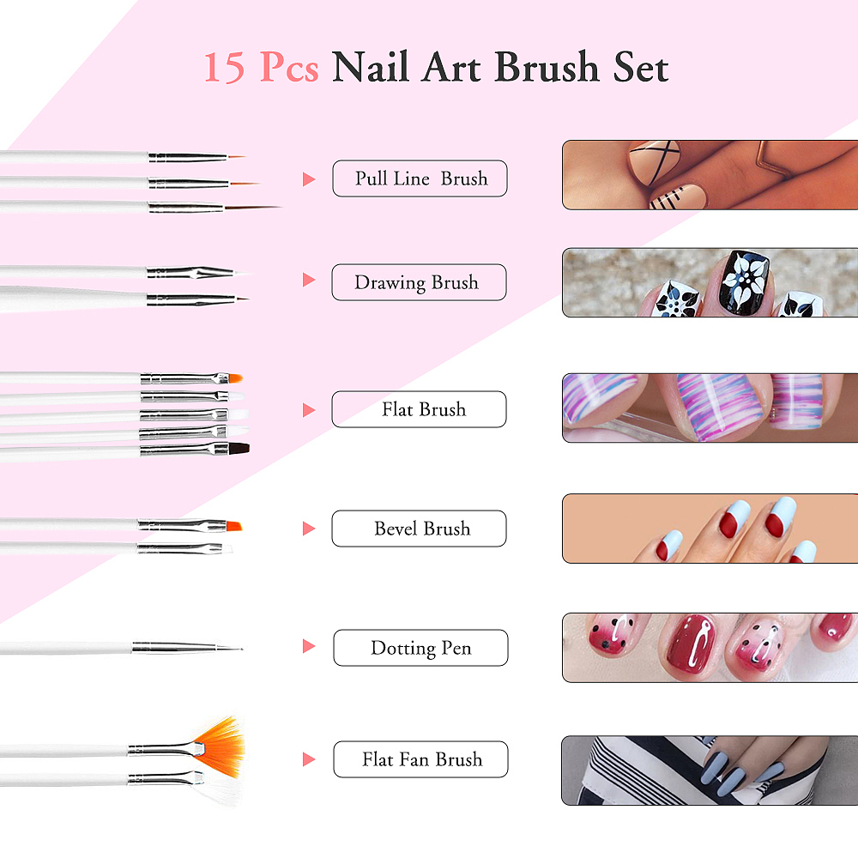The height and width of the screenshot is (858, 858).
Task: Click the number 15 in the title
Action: pos(224,68)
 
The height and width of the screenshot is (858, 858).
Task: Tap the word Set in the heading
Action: pos(641,67)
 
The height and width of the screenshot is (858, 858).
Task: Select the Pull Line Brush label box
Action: pos(420,178)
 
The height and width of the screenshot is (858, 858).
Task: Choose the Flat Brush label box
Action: pos(419,409)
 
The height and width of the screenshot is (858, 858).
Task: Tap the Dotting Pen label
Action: pos(420,648)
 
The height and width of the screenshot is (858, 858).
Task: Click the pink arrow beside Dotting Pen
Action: pos(309,646)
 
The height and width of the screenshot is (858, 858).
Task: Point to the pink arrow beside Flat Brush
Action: pos(309,410)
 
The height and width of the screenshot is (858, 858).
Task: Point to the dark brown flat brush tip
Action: pos(239,449)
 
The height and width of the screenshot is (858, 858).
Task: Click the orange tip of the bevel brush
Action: pos(233,527)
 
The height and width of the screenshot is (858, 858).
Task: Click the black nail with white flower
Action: pos(743,281)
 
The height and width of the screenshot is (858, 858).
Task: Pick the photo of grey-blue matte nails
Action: pos(710,770)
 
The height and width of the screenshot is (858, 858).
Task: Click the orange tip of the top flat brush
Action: pos(235,378)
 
